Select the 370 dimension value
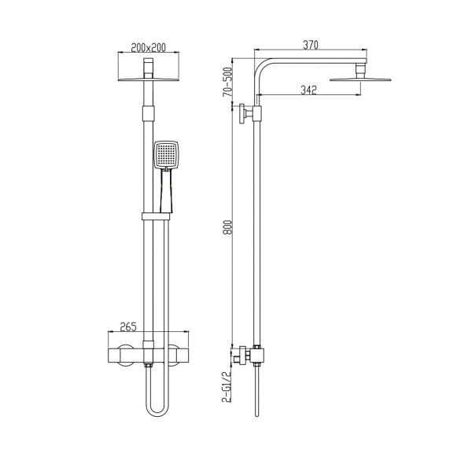tap(310, 46)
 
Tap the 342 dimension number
tap(308, 90)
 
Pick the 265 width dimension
tap(131, 327)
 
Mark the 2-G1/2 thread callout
tap(228, 387)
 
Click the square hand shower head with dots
tap(167, 155)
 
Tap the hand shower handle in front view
tap(164, 193)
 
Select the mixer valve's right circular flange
tap(175, 355)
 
